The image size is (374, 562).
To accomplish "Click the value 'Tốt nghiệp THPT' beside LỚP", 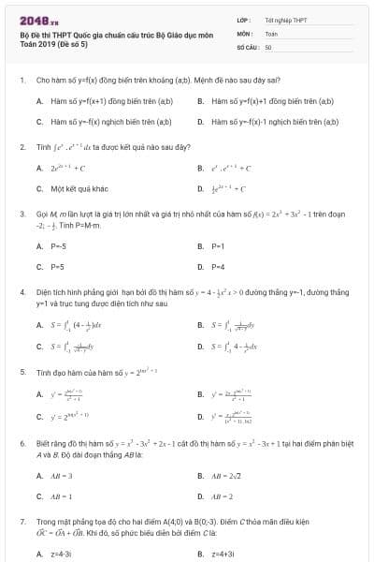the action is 285,20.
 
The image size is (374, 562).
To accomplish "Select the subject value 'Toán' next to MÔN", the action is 271,33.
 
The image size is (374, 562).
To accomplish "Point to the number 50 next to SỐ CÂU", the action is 268,45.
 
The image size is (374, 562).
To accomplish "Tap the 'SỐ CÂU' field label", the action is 247,45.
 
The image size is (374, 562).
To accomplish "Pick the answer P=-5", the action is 58,246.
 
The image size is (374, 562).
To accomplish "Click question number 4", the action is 22,292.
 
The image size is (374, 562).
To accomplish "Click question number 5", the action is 22,372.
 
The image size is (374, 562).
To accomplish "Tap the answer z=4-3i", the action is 61,555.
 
